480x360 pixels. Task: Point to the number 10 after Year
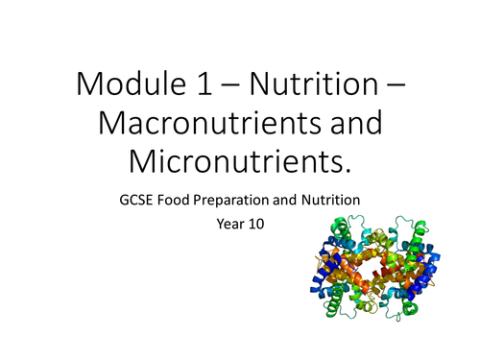[263, 228]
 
